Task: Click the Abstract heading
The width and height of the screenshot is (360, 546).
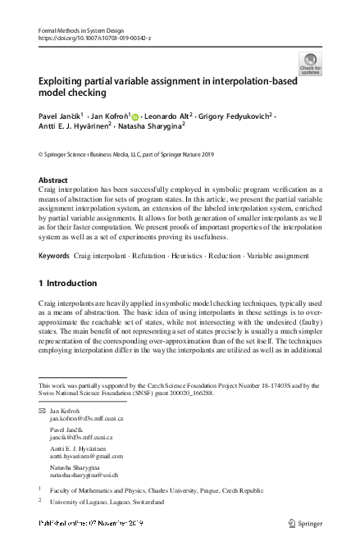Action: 53,180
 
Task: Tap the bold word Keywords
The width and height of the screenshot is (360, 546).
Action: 53,256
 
